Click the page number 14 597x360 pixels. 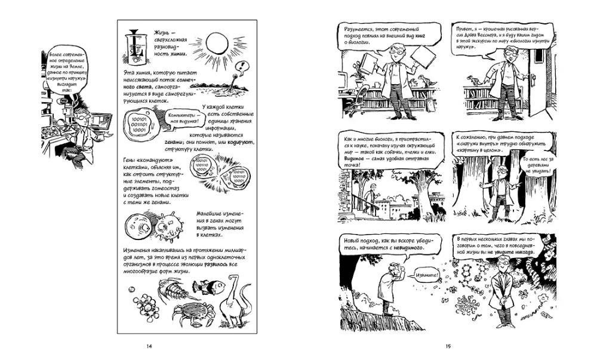148,346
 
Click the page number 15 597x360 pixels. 448,346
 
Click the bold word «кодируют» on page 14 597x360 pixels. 227,143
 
